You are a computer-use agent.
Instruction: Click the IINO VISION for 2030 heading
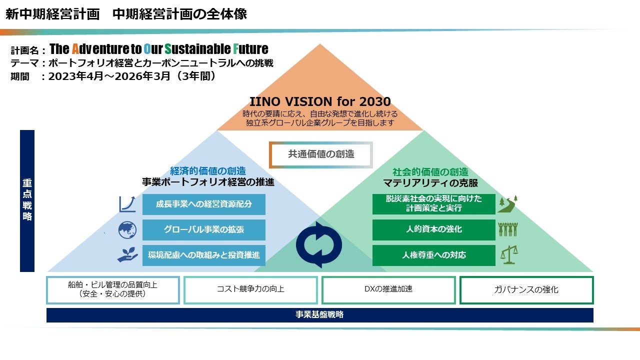[x=320, y=102]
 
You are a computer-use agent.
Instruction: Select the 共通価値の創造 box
[x=321, y=154]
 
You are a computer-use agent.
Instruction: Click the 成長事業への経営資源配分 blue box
[x=203, y=204]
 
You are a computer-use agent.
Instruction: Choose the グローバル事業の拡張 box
[x=203, y=230]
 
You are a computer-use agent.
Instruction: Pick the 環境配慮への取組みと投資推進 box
[x=203, y=255]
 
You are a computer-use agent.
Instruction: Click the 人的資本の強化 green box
[x=433, y=230]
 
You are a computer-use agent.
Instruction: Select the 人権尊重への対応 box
[x=433, y=255]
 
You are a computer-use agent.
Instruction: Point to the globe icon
[x=127, y=230]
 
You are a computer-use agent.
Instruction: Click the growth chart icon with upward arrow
[x=127, y=204]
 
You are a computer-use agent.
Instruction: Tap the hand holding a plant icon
[x=127, y=254]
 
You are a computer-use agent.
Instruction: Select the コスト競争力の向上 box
[x=250, y=290]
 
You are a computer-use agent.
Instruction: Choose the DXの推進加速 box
[x=388, y=290]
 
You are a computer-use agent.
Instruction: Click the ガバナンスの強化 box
[x=526, y=290]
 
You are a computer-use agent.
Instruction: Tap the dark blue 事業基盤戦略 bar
[x=320, y=315]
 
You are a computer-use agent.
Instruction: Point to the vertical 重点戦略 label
[x=27, y=200]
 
